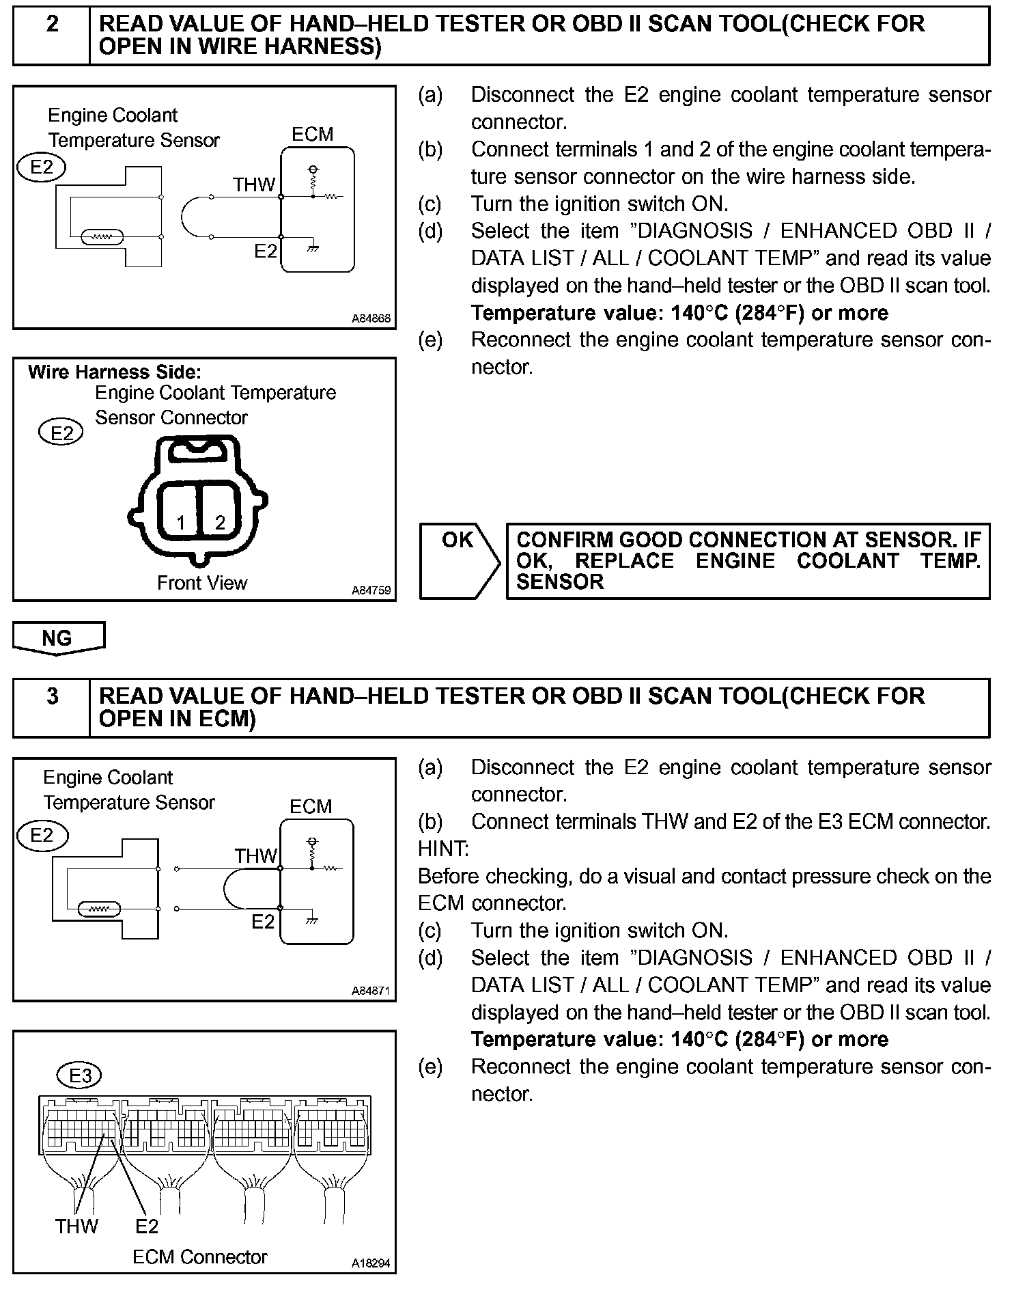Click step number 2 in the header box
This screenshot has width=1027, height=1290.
tap(52, 25)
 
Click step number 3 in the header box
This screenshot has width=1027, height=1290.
tap(52, 696)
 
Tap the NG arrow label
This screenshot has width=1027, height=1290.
tap(57, 637)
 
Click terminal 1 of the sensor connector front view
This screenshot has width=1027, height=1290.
tap(181, 523)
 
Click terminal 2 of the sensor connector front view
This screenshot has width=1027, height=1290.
tap(220, 523)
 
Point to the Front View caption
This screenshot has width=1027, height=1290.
tap(202, 583)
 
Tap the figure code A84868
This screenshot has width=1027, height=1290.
tap(371, 318)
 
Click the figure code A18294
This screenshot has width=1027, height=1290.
tap(371, 1263)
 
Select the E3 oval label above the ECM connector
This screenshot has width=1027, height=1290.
tap(81, 1075)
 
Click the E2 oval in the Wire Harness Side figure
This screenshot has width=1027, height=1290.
tap(62, 433)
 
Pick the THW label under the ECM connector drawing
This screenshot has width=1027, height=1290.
tap(76, 1226)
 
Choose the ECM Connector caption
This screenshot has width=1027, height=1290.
tap(200, 1257)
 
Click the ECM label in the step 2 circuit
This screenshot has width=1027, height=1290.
tap(313, 134)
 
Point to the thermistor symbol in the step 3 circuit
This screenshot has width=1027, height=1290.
tap(100, 909)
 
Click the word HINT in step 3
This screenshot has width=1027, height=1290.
tap(443, 849)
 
